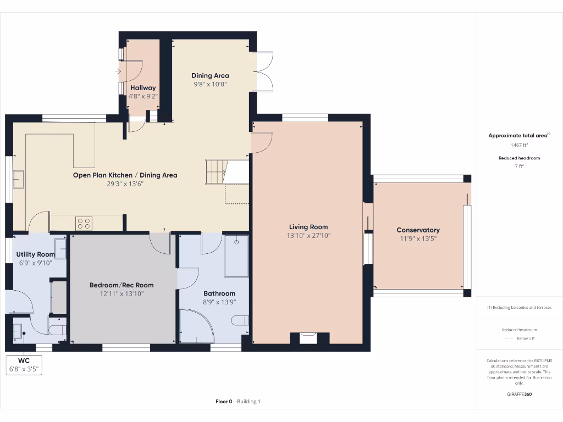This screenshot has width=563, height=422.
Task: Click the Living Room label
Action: click(x=308, y=227)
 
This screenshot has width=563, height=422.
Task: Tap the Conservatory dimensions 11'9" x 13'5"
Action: click(x=418, y=238)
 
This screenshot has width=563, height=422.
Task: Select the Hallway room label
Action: click(x=143, y=87)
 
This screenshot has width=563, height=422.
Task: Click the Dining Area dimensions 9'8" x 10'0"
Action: click(x=210, y=84)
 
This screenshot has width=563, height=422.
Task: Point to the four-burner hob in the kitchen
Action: click(x=84, y=223)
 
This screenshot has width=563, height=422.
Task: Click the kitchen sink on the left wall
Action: click(x=19, y=179)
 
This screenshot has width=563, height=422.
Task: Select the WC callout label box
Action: click(x=24, y=365)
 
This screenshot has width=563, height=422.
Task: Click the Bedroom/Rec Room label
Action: click(x=122, y=285)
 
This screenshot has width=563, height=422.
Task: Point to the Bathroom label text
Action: click(x=219, y=293)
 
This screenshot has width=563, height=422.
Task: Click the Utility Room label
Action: click(x=36, y=254)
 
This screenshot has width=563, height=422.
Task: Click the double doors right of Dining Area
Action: click(x=264, y=71)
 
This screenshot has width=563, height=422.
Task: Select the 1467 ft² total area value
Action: click(x=519, y=145)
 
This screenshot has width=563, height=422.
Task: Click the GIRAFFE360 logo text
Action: click(x=519, y=394)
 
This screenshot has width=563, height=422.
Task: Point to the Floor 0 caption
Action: click(x=224, y=402)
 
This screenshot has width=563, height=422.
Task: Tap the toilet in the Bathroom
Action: click(x=240, y=320)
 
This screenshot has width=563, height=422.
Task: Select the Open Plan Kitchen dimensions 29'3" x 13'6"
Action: click(x=125, y=184)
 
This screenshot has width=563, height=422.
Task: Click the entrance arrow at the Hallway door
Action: click(x=118, y=71)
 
